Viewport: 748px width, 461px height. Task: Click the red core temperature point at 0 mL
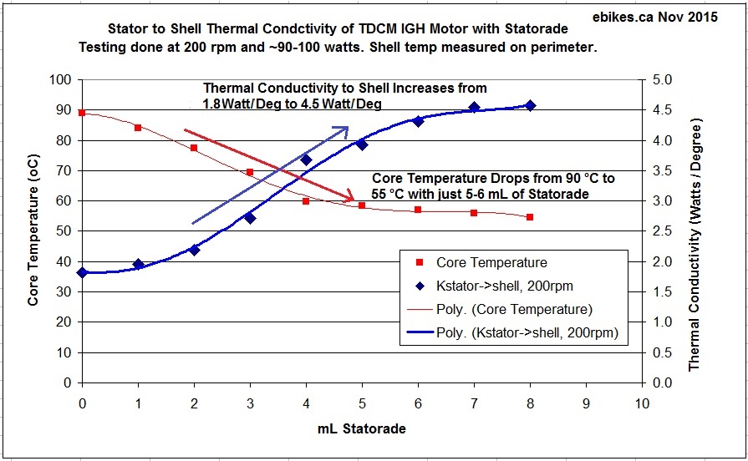(x=82, y=113)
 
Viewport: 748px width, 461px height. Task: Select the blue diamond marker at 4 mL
(x=306, y=160)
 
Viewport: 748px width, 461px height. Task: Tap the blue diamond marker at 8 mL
(x=530, y=105)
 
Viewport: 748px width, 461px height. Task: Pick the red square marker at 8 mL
(x=530, y=217)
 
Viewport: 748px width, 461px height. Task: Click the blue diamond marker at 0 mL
(x=82, y=272)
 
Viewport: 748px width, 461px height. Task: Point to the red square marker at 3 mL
(x=250, y=172)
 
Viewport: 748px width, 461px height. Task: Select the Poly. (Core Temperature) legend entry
(x=501, y=309)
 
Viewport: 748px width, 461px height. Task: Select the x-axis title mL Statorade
(x=362, y=430)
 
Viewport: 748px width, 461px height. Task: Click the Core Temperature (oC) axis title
(x=33, y=231)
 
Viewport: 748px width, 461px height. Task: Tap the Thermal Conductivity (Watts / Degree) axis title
(x=695, y=231)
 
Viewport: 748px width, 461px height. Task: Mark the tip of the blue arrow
(x=348, y=128)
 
